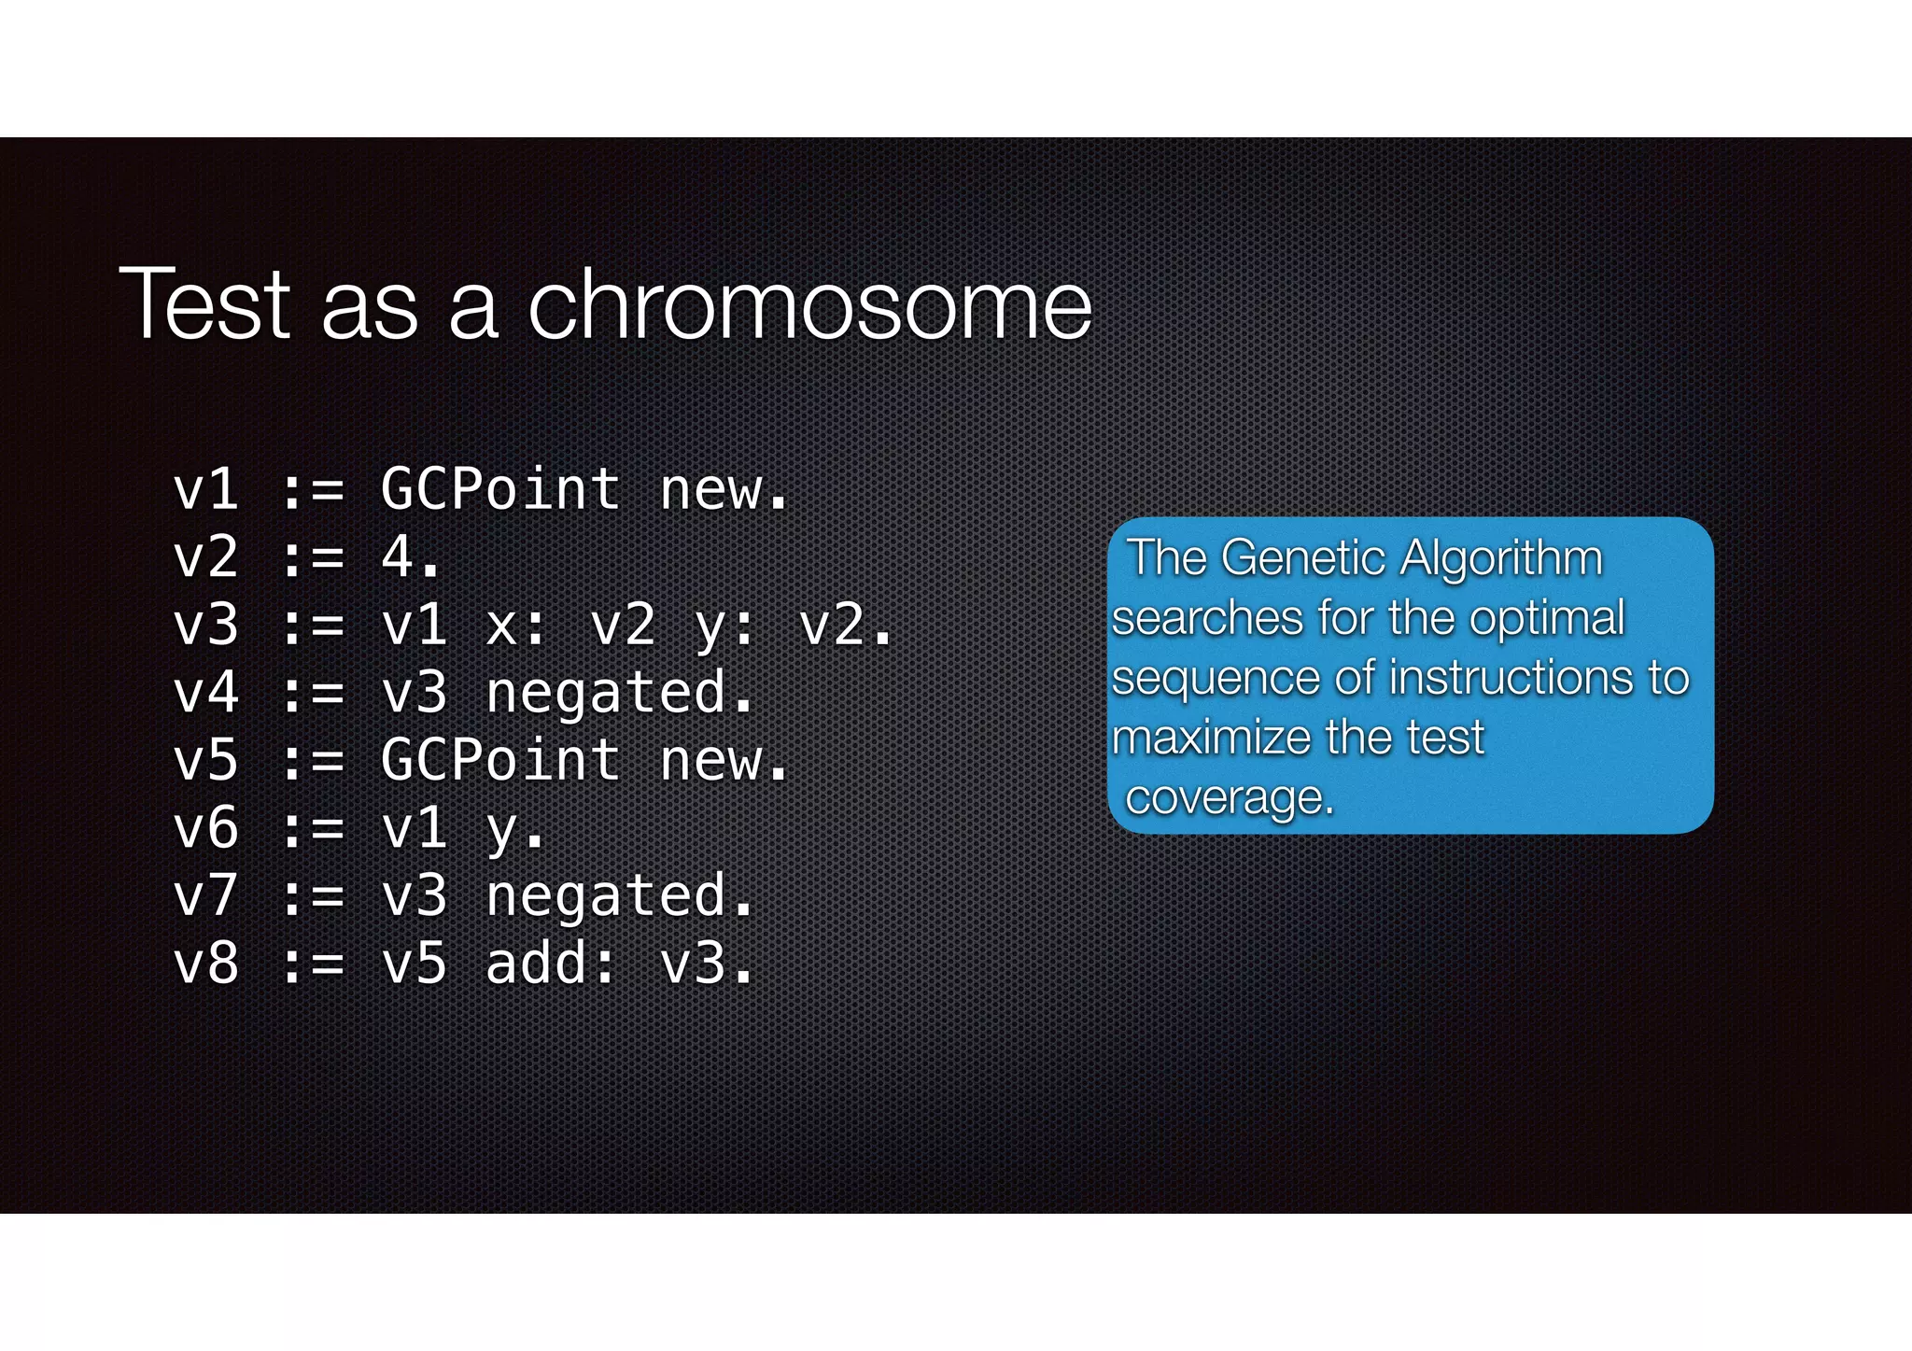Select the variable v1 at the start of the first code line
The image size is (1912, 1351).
coord(206,489)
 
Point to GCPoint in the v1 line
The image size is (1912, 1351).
coord(501,489)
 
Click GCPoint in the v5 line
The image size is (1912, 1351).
coord(501,760)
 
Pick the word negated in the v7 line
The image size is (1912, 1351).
coord(606,897)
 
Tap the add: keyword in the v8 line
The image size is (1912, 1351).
coord(551,964)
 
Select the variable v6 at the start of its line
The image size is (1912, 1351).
coord(206,828)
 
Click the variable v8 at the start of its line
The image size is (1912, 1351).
coord(206,964)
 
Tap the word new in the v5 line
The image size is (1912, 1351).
coord(711,760)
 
